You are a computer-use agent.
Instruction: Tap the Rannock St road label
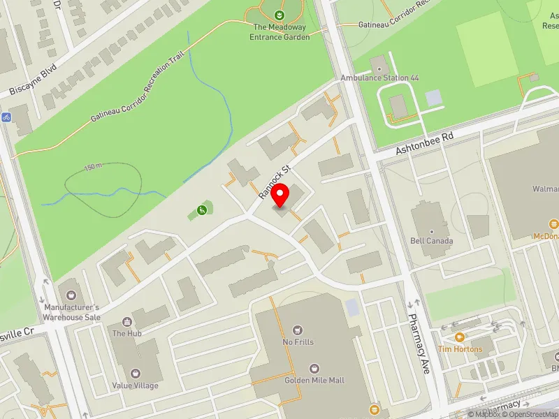pos(275,182)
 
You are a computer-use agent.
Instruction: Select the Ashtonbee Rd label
pos(425,142)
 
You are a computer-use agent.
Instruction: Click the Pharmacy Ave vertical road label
pos(419,344)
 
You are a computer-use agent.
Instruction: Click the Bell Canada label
pos(433,241)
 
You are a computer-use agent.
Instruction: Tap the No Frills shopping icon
pos(298,330)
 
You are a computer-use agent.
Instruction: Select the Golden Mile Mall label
pos(314,381)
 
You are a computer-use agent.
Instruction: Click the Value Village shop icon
pos(136,373)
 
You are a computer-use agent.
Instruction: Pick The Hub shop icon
pos(127,322)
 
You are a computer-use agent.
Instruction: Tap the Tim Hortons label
pos(460,349)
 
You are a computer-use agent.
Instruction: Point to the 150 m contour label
pos(93,167)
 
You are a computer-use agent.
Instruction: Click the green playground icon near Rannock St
pos(202,209)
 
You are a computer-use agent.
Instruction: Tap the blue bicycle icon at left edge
pos(5,117)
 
